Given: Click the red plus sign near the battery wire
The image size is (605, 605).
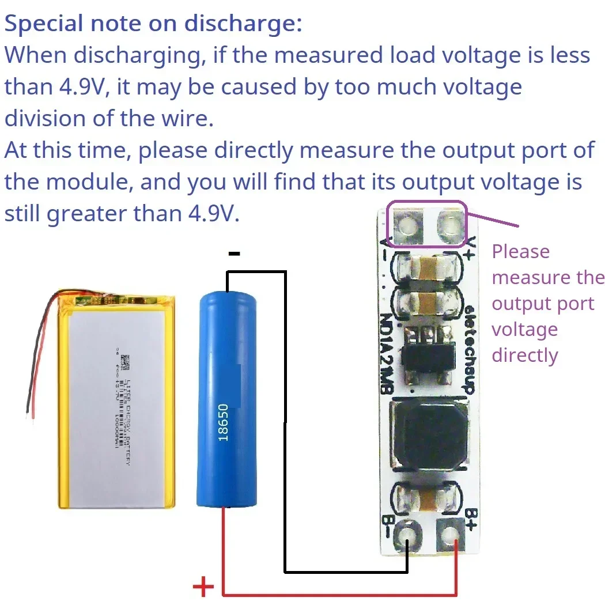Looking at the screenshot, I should point(203,588).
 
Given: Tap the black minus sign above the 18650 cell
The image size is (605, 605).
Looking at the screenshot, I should point(234,253).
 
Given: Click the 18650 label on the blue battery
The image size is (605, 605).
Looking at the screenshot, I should point(224,422).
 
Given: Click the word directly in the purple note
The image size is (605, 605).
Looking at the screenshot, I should point(525,355).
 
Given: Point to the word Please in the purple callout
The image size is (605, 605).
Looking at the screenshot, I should point(520,252).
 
